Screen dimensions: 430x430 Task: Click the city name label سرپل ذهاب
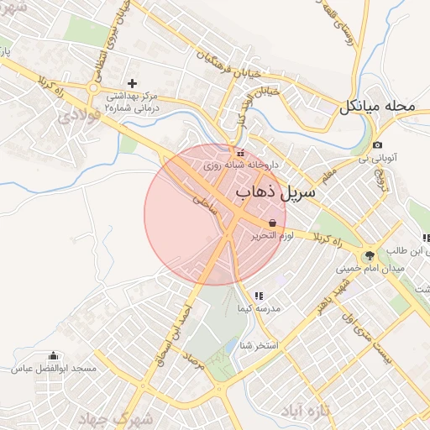tap(276, 194)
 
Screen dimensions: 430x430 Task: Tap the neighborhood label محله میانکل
tap(377, 107)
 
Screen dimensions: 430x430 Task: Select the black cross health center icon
tap(131, 83)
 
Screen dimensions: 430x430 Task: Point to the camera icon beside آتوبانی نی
tap(377, 145)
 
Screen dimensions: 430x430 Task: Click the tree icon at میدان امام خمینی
tap(368, 256)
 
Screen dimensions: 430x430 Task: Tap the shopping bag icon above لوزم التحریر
tap(271, 223)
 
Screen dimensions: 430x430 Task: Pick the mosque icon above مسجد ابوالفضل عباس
tap(55, 356)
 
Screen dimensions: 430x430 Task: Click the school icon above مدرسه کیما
tap(259, 296)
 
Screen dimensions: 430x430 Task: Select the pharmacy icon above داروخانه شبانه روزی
tap(241, 153)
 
